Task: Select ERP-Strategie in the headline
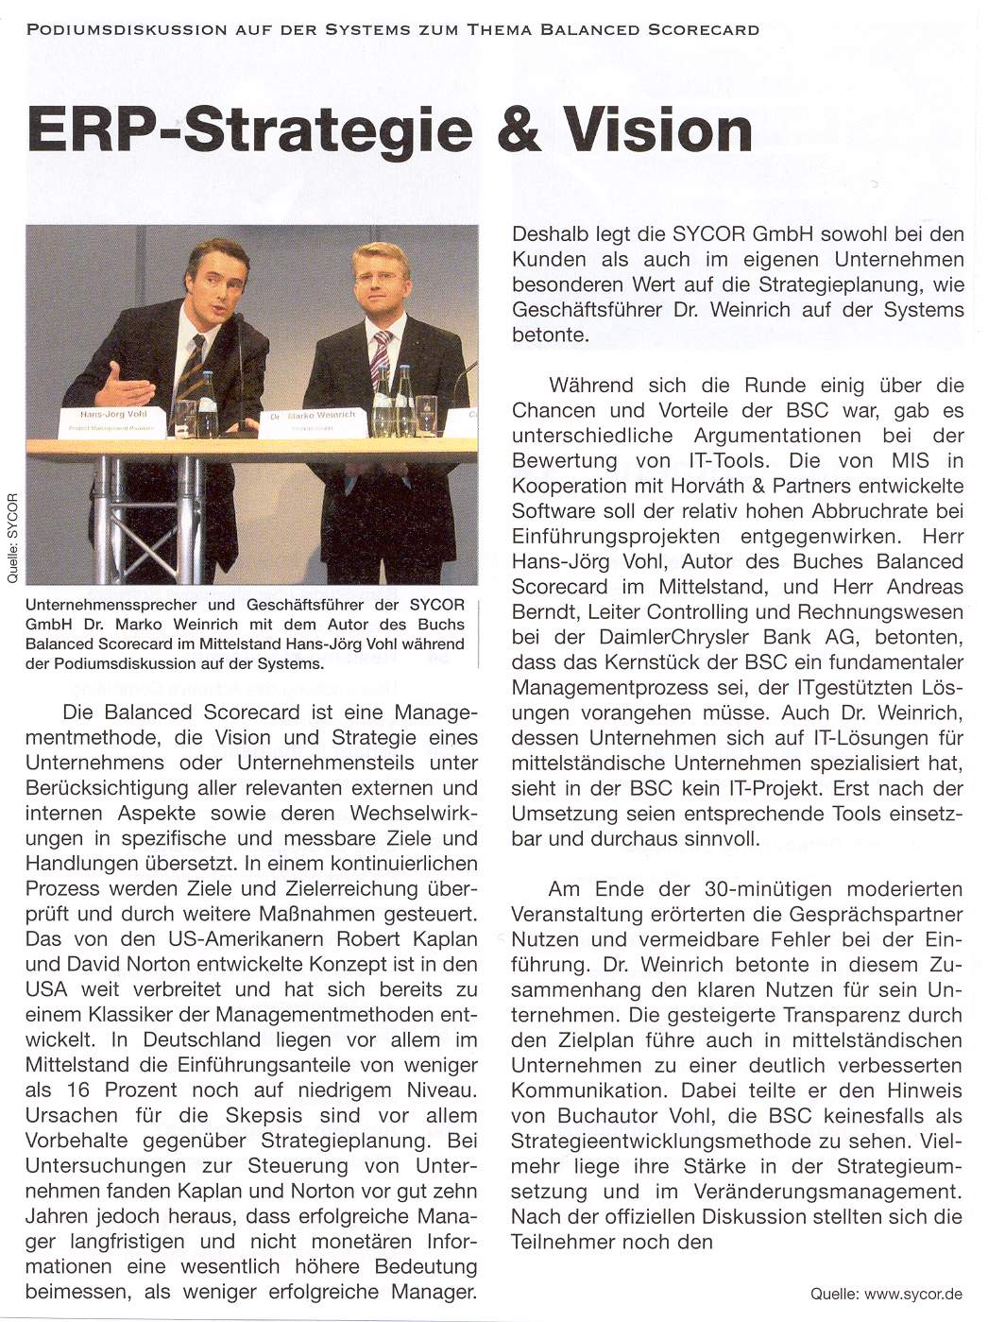pos(247,131)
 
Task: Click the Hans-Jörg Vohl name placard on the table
pos(114,420)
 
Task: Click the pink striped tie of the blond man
pos(381,357)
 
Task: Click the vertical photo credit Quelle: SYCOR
pos(12,540)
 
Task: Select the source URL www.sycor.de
pos(911,1293)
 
